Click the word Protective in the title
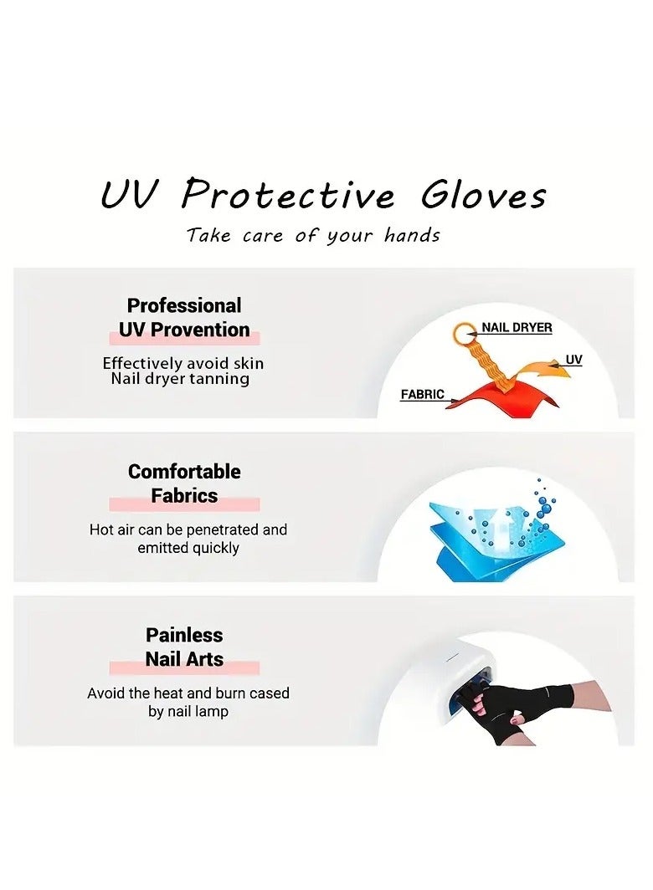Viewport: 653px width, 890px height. click(287, 195)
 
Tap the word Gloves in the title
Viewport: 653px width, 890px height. click(483, 195)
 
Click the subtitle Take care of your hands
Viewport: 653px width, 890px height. click(313, 235)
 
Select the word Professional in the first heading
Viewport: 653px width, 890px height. click(184, 305)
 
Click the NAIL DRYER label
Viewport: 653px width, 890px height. click(517, 328)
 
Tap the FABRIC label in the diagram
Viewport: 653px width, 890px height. click(422, 394)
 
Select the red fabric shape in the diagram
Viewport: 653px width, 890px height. click(494, 402)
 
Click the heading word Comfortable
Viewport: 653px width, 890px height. click(184, 472)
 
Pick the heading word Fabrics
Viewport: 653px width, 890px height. click(184, 496)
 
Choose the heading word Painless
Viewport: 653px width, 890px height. click(184, 635)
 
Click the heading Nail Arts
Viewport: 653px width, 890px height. click(184, 659)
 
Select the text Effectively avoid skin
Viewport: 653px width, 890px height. click(183, 363)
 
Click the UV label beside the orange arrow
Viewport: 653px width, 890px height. click(573, 360)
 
